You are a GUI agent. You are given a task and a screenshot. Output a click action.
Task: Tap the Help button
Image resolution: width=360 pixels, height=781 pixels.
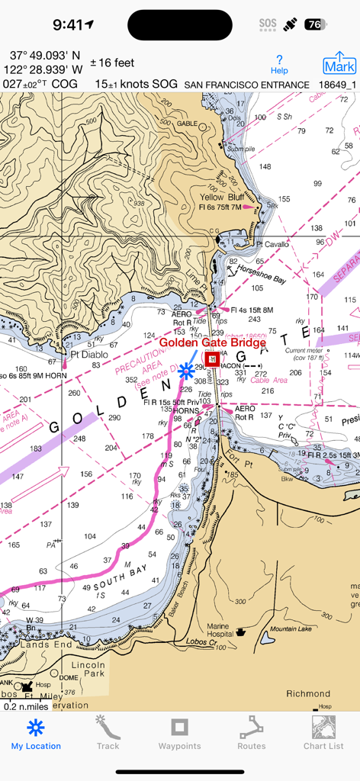280,64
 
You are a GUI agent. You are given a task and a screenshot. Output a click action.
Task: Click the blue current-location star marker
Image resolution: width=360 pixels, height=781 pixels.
186,371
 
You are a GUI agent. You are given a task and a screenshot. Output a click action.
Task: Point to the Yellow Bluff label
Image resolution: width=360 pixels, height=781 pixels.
217,197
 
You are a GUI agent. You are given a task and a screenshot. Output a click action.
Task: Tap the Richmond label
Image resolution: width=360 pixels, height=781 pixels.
308,693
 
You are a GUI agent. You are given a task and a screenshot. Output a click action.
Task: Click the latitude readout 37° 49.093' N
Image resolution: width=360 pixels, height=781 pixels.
45,56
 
